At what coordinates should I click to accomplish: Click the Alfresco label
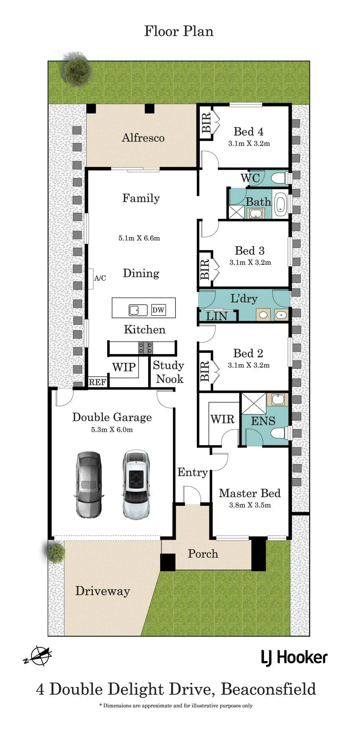143,138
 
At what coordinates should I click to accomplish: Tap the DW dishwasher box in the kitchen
158,310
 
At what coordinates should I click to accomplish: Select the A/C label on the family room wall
100,278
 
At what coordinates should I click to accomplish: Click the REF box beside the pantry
98,382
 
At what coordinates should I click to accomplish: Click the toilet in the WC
280,178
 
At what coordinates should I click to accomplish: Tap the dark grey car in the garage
88,484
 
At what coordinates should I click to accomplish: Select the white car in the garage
136,484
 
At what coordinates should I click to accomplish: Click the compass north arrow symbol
38,656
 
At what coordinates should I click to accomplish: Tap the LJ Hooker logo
294,658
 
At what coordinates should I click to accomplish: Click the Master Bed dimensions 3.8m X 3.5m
250,505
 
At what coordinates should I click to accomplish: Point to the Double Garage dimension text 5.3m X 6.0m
112,430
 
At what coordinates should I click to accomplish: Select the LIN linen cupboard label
217,316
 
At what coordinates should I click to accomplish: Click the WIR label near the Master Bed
222,419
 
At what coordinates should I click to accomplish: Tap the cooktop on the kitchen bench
146,348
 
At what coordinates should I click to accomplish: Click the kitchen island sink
138,310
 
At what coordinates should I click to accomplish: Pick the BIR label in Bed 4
206,123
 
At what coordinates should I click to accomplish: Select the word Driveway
103,591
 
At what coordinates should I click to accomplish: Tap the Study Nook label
169,372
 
